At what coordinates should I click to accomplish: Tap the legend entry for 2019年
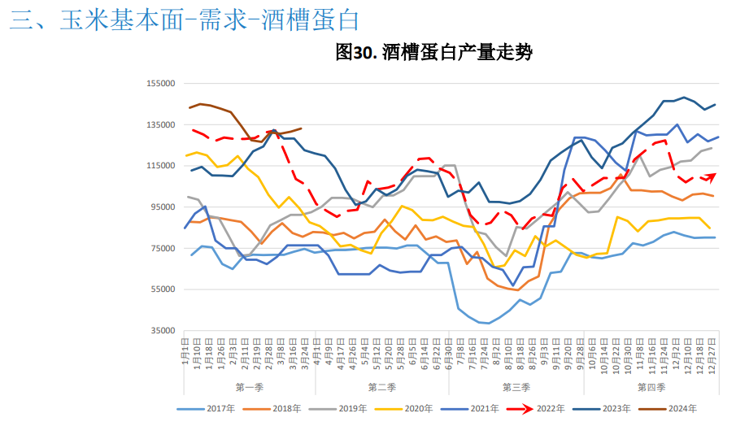(x=354, y=408)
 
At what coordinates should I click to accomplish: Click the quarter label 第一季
(x=249, y=386)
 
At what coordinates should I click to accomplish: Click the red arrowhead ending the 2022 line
(x=712, y=175)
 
